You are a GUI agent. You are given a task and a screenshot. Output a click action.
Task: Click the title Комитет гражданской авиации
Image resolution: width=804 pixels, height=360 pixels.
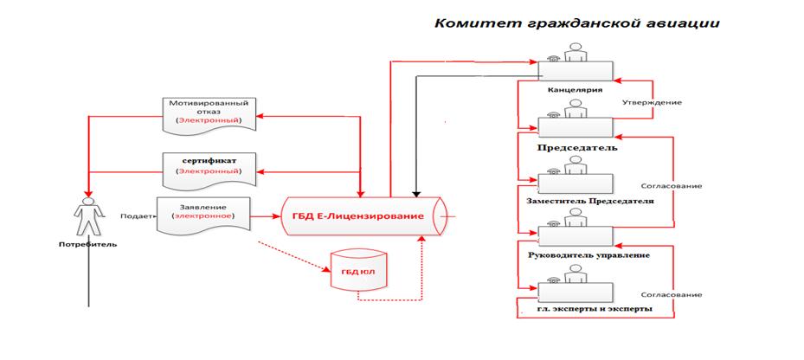pos(577,24)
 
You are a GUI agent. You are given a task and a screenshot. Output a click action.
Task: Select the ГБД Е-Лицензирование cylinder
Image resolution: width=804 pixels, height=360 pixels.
pos(363,216)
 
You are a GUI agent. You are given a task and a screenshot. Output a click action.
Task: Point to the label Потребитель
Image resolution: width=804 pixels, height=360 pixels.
pos(87,244)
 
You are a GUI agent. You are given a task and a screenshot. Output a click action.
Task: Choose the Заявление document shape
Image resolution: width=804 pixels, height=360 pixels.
pos(203,215)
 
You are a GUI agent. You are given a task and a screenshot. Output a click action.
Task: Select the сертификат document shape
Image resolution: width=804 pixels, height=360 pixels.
pos(209,170)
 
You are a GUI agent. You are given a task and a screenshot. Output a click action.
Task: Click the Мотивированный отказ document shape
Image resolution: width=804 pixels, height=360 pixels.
pos(209,115)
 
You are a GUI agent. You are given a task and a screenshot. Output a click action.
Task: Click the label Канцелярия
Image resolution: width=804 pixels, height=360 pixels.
pos(575,90)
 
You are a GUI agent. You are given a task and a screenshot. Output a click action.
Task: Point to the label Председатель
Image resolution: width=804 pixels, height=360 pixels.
pos(577,148)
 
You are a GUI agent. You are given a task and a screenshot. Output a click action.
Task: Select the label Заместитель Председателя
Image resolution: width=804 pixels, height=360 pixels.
pos(590,201)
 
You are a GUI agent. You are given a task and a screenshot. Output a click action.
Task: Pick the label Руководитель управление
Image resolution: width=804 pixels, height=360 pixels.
pos(589,255)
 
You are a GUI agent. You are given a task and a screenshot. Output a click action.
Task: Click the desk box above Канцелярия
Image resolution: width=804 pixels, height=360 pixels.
pos(576,71)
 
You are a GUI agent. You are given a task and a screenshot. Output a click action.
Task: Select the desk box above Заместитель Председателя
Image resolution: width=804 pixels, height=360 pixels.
pos(576,183)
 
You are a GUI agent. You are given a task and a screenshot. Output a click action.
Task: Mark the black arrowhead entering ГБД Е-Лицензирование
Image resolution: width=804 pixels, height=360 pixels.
pos(416,193)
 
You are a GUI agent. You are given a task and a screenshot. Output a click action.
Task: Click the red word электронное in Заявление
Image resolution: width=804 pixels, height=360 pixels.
pos(203,215)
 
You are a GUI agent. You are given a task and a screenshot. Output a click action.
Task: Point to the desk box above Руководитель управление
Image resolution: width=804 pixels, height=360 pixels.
pos(576,236)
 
